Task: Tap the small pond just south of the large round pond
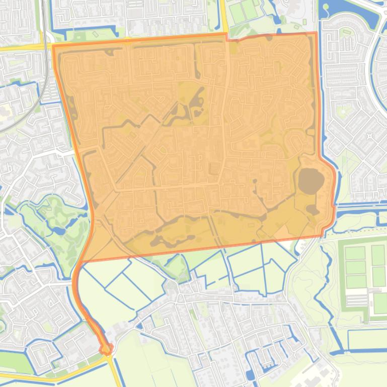(312, 209)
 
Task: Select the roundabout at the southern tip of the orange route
(106, 348)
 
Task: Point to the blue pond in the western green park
(57, 231)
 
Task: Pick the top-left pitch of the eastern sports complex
(355, 253)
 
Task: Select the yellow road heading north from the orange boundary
(223, 15)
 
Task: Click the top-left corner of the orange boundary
(53, 46)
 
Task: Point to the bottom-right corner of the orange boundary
(322, 235)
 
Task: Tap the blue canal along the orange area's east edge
(321, 101)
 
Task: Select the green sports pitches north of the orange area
(244, 11)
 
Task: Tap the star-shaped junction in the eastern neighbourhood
(370, 136)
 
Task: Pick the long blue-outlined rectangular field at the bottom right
(367, 340)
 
